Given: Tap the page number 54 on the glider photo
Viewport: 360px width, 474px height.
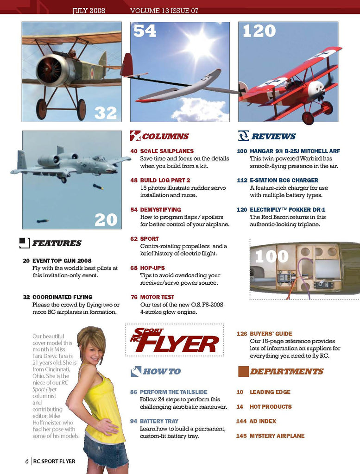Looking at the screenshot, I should click(x=145, y=31).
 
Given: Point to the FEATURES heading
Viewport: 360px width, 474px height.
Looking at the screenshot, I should click(x=57, y=243).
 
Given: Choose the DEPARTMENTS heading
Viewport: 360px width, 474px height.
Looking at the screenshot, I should click(x=286, y=371).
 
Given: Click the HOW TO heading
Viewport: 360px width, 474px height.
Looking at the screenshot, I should click(x=162, y=371).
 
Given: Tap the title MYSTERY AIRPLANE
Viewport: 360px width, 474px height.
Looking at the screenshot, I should click(x=277, y=436).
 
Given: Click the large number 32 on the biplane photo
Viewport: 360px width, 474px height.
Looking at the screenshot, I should click(x=106, y=112).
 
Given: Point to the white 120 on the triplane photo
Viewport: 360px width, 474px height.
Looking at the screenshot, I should click(x=259, y=31).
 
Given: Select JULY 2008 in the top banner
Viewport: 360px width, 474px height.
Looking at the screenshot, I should click(x=89, y=11).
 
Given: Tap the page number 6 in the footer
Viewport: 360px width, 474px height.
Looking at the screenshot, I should click(x=27, y=461).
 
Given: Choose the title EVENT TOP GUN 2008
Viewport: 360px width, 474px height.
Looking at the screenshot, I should click(x=62, y=261).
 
